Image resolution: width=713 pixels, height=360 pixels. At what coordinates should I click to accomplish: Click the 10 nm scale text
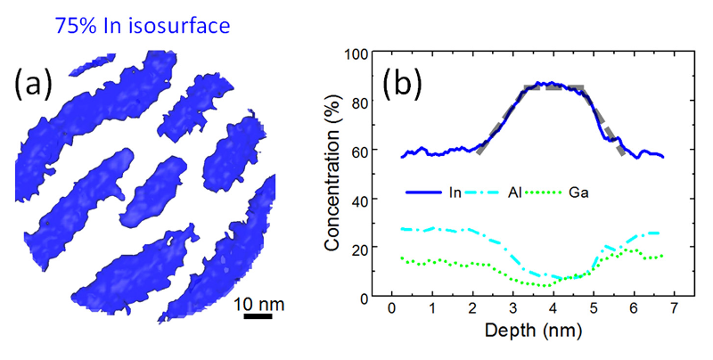tap(259, 302)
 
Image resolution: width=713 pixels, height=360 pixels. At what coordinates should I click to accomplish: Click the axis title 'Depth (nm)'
tap(533, 333)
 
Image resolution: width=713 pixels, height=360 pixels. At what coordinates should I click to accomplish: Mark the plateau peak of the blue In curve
tap(553, 84)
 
